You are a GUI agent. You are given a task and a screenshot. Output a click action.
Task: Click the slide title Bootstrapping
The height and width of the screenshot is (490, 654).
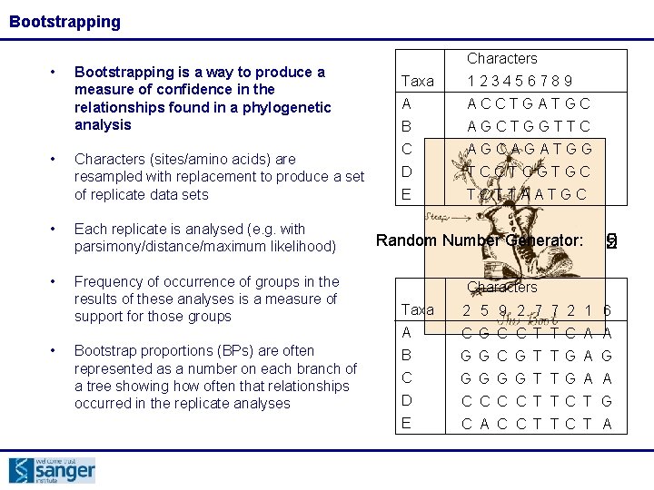(64, 22)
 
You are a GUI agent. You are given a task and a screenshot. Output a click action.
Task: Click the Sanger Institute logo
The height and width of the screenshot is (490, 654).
(52, 470)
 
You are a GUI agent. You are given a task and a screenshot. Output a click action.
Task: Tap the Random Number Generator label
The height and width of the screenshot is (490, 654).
(479, 240)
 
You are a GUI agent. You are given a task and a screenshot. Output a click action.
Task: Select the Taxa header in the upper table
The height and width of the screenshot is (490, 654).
(417, 81)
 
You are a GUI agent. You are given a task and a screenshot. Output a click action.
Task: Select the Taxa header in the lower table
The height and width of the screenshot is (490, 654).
(417, 309)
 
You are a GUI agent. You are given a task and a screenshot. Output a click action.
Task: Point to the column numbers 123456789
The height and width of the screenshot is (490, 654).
(520, 81)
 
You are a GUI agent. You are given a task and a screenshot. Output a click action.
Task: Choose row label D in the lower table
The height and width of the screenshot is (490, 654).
(406, 400)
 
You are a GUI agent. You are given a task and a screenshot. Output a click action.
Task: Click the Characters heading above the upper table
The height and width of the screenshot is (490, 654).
(501, 58)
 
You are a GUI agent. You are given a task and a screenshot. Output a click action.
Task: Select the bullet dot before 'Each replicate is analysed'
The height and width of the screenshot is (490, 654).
(54, 230)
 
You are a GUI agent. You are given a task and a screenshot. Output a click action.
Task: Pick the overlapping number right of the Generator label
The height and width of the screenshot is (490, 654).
(611, 240)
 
